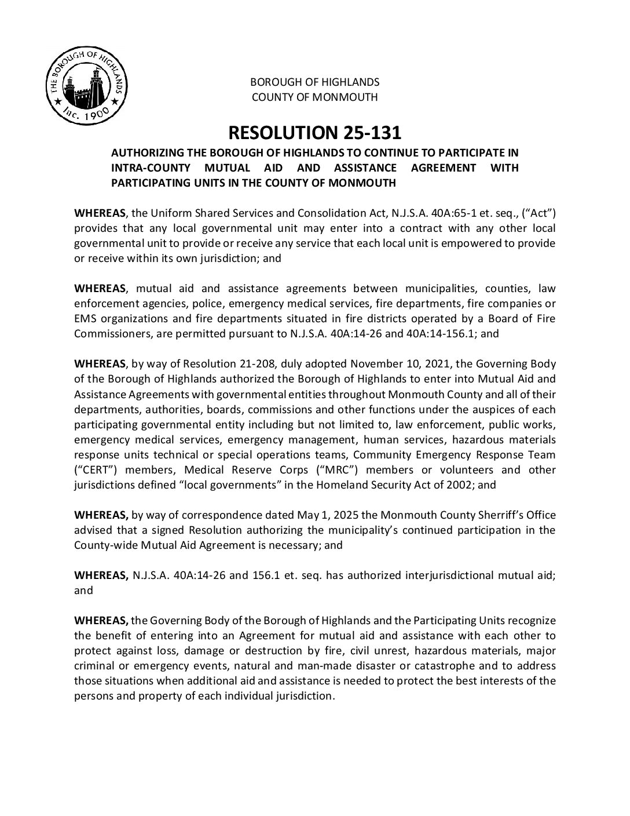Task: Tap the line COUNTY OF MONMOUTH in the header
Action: tap(314, 97)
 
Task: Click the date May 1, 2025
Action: tap(319, 515)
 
